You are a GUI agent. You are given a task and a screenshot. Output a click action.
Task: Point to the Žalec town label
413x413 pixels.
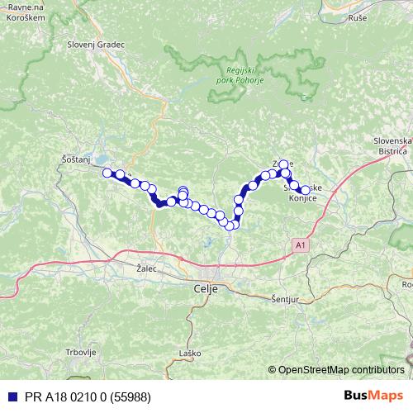pos(146,268)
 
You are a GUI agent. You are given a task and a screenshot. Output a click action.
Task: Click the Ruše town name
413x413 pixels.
pos(358,17)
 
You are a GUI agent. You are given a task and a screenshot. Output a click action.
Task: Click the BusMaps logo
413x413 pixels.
pos(373,396)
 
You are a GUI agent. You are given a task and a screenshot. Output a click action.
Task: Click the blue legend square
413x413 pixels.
pos(10,396)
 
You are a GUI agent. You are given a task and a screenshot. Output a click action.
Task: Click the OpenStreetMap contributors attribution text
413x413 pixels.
pos(340,370)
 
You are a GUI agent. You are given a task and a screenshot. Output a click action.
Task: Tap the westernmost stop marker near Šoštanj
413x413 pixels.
pos(107,173)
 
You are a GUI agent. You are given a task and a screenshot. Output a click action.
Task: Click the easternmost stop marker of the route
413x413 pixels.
pos(305,191)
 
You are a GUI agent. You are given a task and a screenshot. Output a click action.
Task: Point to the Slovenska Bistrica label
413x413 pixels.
pos(392,146)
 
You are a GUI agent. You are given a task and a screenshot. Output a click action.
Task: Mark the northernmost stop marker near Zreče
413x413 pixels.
pos(283,164)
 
